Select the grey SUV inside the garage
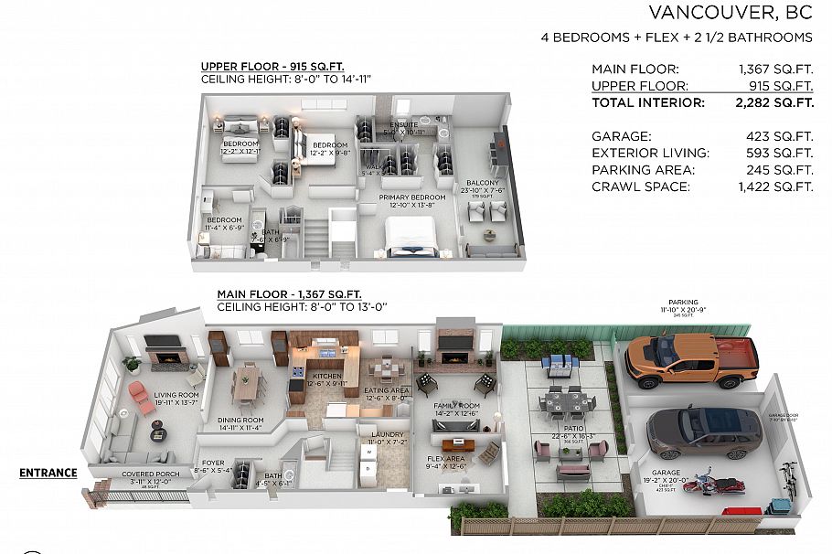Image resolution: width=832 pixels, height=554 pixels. point(703,432)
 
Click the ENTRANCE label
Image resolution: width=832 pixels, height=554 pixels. point(48,473)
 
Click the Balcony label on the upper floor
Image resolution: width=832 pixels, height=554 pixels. point(483,183)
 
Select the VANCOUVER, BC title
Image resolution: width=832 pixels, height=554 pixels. point(730,13)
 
